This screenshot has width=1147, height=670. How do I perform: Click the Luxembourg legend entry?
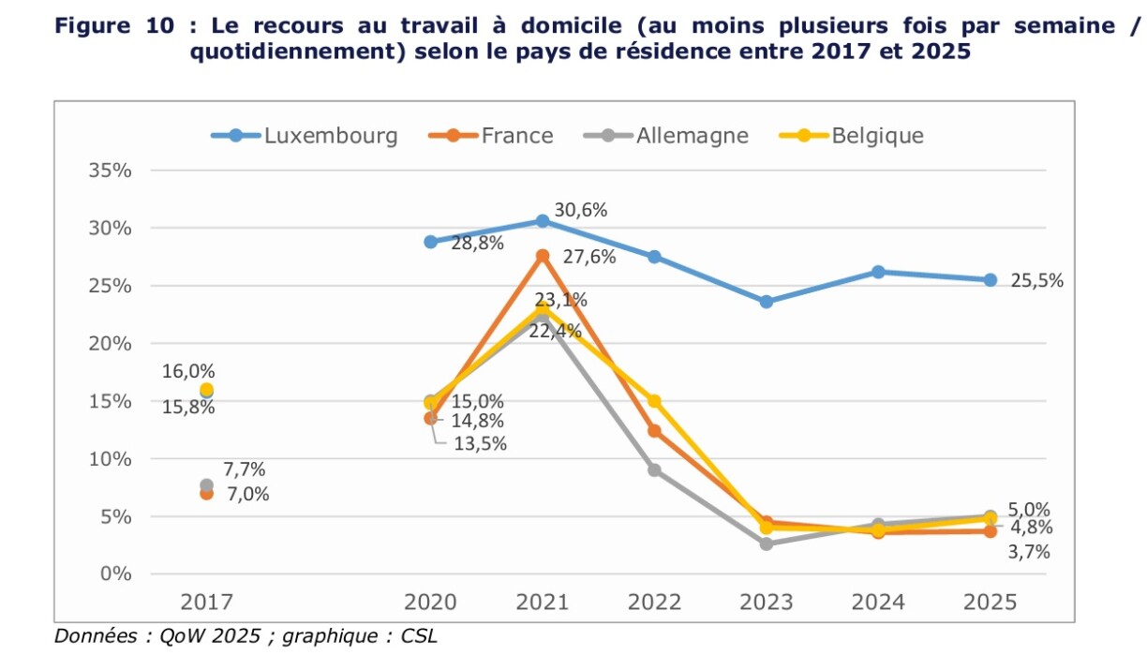[x=305, y=136]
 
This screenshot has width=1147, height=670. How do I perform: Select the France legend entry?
[x=491, y=136]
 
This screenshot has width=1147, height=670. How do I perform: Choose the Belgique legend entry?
[x=852, y=136]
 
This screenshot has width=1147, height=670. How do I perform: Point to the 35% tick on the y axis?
[x=111, y=171]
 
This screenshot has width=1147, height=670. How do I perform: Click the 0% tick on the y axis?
[x=116, y=573]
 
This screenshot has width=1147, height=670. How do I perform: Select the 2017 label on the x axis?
[x=206, y=602]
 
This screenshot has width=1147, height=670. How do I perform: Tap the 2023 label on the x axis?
[x=767, y=602]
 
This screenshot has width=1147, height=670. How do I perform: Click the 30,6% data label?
[x=581, y=210]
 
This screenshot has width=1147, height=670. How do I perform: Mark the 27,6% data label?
[x=589, y=257]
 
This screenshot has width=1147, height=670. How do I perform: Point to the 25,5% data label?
[x=1037, y=280]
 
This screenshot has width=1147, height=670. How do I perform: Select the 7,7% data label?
[x=245, y=469]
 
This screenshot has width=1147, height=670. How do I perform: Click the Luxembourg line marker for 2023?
[x=767, y=302]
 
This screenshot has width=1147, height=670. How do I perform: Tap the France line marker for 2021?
[x=543, y=256]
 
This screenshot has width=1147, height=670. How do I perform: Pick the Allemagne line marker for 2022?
[x=655, y=469]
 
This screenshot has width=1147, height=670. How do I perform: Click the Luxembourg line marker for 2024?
[x=878, y=272]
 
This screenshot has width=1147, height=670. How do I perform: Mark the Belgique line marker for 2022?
[x=655, y=401]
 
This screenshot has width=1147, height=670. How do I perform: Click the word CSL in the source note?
[x=419, y=636]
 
